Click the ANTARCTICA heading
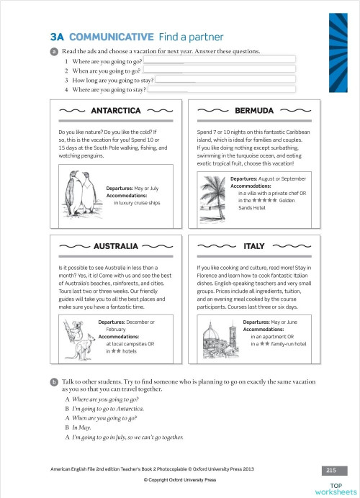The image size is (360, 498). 116,111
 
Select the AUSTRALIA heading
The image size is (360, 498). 115,245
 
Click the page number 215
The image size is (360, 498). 331,470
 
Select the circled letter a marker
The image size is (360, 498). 54,52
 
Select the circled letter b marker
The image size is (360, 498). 54,381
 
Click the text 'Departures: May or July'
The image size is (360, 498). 132,189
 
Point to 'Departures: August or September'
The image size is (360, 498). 268,178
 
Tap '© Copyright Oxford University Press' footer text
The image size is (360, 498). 180,479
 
